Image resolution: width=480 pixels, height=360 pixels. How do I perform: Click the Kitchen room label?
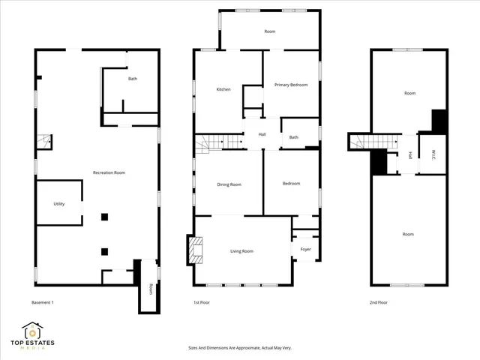[223, 89]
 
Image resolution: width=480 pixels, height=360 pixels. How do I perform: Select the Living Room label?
[241, 251]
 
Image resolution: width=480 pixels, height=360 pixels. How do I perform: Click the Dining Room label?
[229, 184]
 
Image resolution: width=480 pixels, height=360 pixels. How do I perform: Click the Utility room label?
[59, 203]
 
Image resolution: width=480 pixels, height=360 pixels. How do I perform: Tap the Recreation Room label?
[109, 172]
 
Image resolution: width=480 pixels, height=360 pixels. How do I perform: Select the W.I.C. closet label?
[433, 155]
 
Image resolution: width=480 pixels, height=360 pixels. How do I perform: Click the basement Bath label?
[133, 79]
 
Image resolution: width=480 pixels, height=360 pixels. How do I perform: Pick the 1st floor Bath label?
[294, 137]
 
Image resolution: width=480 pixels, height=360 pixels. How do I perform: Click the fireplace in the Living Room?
[196, 250]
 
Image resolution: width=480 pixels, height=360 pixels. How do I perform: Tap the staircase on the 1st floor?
[220, 142]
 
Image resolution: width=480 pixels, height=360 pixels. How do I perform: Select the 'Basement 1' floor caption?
[43, 302]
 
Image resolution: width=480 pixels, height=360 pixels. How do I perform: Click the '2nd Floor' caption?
[379, 302]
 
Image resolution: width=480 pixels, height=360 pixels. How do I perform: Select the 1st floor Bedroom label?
[291, 184]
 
